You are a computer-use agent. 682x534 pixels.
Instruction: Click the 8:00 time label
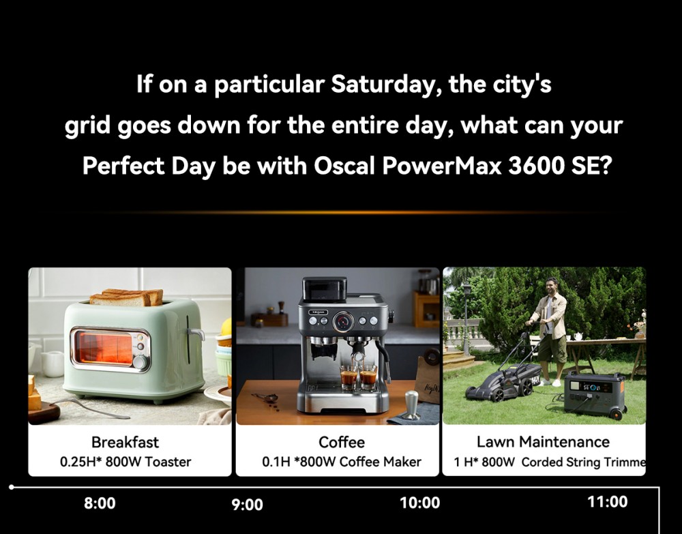point(100,503)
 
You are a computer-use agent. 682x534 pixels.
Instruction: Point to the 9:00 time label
point(247,505)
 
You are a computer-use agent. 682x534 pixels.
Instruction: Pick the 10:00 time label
point(419,503)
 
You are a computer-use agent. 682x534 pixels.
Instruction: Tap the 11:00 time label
point(607,502)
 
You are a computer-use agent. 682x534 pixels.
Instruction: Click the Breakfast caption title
point(125,442)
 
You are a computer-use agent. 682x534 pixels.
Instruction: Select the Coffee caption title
point(342,442)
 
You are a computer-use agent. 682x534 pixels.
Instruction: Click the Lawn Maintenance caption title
point(543,442)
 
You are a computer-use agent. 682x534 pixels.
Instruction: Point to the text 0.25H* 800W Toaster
point(125,462)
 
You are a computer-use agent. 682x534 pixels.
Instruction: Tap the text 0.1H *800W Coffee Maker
point(342,462)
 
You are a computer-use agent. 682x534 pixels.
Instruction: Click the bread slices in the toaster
point(126,297)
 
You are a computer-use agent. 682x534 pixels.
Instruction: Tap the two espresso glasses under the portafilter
point(359,376)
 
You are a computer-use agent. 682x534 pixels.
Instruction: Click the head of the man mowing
point(552,284)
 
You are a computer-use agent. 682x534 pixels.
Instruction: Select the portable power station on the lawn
point(593,394)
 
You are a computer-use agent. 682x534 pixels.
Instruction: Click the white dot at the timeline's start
point(12,487)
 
